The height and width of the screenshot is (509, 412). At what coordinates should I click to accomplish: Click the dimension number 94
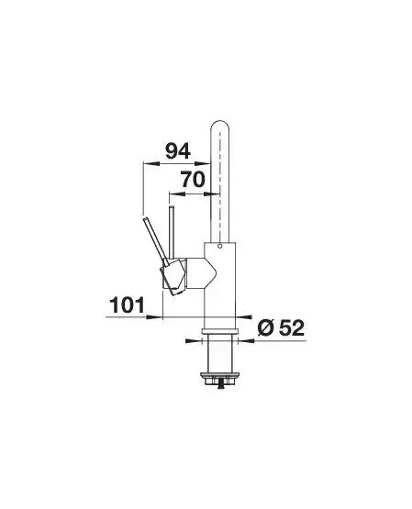[178, 151]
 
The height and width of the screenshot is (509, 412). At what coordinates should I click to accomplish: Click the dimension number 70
[193, 180]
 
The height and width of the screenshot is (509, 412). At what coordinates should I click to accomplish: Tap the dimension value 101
[128, 305]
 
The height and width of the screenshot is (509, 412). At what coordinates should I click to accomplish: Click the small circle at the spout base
[220, 247]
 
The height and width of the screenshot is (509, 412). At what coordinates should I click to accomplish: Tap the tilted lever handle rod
[155, 238]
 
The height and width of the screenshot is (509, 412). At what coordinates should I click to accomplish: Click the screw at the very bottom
[221, 386]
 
